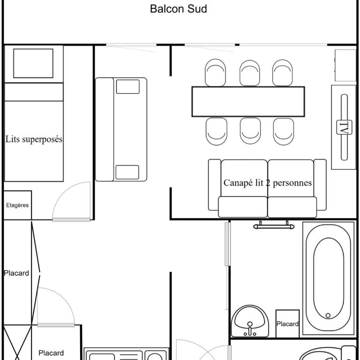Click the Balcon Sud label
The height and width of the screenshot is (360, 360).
coord(179,9)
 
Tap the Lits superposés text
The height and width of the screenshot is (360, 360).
coord(34,139)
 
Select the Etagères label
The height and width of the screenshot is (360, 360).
coord(17,205)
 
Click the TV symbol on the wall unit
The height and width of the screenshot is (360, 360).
coord(344,127)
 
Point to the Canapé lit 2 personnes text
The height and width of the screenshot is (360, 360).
coord(268,183)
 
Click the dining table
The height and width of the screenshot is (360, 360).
coord(248,101)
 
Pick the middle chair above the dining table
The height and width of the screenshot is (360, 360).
coord(250,73)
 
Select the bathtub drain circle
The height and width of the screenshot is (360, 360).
coord(328,315)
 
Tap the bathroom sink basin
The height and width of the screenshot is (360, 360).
coord(250,321)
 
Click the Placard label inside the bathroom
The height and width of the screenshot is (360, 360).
coord(287,324)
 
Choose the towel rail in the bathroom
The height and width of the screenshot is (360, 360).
coord(274,226)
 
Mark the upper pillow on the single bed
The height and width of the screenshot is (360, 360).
coord(128,87)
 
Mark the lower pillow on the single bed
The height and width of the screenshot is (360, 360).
coord(127,172)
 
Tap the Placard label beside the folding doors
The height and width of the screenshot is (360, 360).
coord(16,273)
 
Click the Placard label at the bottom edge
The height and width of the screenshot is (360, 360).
coord(51,353)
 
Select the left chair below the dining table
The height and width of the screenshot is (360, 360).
coord(216,132)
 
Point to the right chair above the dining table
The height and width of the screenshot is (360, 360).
coord(282,73)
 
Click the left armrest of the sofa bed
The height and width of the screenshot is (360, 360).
coord(214,185)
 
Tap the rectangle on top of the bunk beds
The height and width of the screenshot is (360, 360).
coord(33,63)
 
